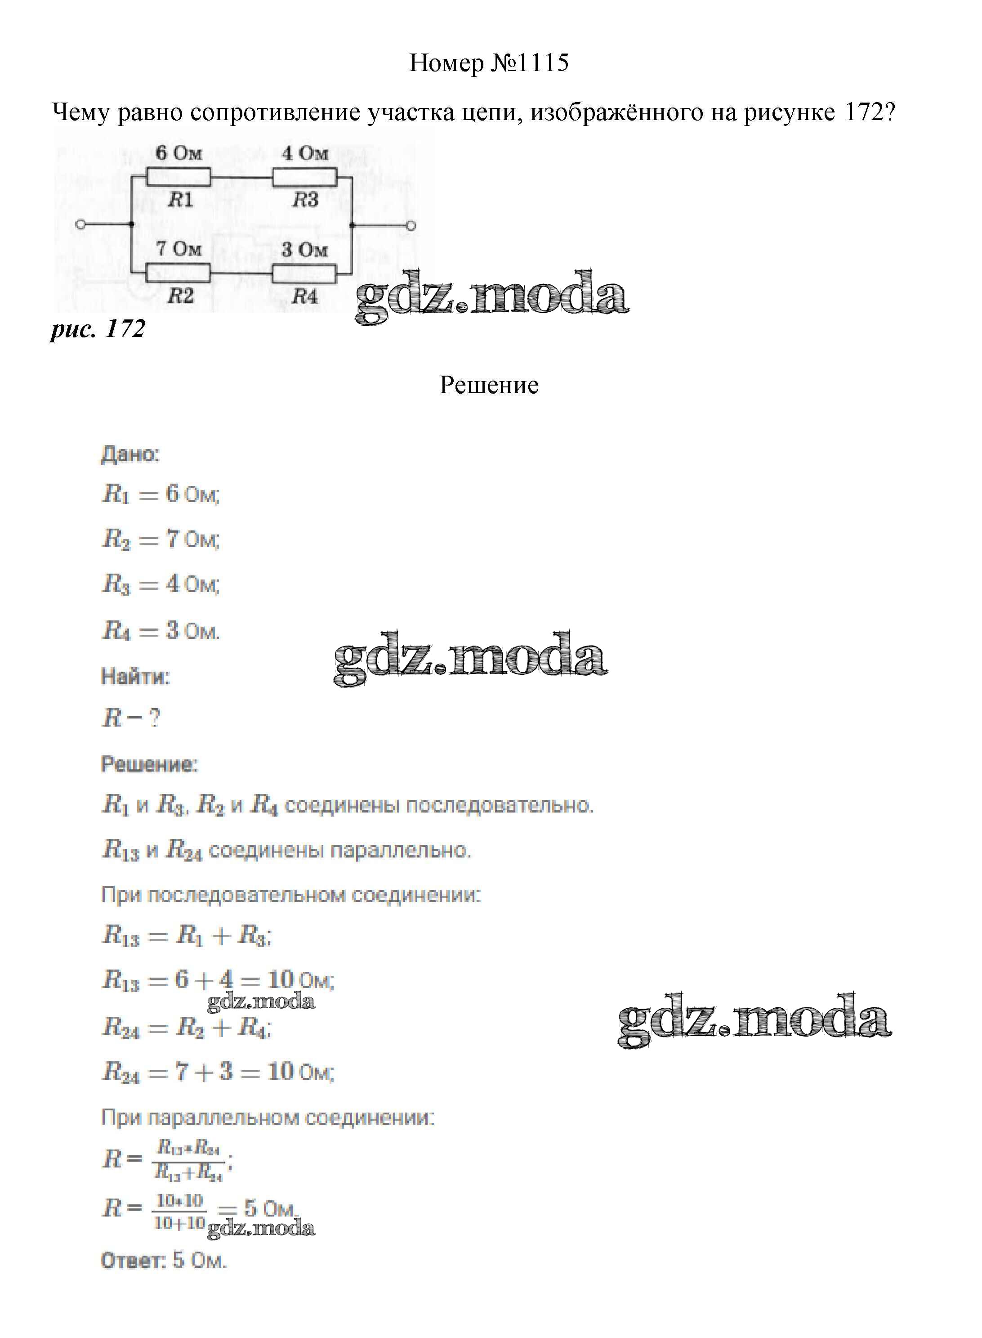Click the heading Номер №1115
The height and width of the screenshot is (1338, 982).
(x=489, y=63)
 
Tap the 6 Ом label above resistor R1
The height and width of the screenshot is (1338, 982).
(x=179, y=153)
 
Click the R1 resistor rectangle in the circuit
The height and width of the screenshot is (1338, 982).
(x=179, y=177)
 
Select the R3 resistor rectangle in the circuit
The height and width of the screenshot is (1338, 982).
(x=304, y=177)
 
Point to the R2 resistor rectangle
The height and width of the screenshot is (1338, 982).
(x=179, y=273)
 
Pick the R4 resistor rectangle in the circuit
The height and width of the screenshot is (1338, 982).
(x=304, y=273)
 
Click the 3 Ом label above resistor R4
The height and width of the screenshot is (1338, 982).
(x=304, y=250)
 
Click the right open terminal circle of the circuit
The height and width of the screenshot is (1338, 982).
(x=410, y=225)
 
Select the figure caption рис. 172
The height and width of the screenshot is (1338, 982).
(x=98, y=329)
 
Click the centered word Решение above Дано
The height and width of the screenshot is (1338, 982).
(x=489, y=386)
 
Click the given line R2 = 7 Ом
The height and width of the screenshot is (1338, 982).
(x=161, y=539)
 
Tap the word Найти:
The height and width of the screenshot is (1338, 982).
(x=135, y=676)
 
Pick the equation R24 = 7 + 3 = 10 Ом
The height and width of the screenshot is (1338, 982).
(x=218, y=1072)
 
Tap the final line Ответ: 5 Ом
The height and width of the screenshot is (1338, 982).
(x=164, y=1260)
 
